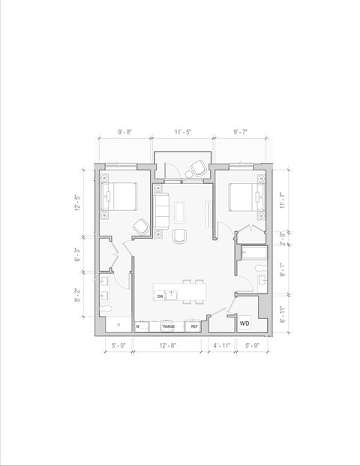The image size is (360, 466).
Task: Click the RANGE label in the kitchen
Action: click(169, 327)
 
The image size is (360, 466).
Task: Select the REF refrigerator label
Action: click(193, 327)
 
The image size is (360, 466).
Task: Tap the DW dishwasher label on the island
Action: click(160, 296)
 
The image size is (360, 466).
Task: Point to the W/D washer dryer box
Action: click(245, 324)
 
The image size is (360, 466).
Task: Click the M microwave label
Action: click(138, 327)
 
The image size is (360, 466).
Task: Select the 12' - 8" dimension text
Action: click(169, 346)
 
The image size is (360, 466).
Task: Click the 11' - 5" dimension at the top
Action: click(182, 132)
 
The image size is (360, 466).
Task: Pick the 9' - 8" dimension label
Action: click(124, 132)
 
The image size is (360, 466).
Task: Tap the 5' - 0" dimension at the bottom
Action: click(118, 346)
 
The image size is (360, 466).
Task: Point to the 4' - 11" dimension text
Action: click(222, 346)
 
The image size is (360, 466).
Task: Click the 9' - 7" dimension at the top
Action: click(240, 132)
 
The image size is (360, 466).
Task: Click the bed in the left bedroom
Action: click(121, 197)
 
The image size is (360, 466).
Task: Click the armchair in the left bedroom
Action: click(140, 226)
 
